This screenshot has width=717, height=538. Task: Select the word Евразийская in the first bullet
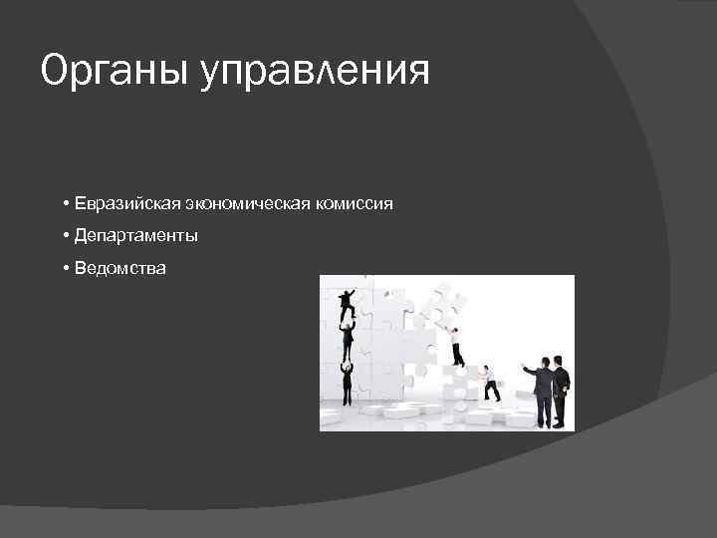124,203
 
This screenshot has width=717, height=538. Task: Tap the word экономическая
248,203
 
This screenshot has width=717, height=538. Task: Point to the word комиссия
354,203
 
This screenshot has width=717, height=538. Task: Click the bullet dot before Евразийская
64,203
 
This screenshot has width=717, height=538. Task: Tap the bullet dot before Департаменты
64,236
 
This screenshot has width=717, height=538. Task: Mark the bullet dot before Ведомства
64,268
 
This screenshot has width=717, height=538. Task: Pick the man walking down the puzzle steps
489,383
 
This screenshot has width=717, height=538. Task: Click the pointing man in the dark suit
543,391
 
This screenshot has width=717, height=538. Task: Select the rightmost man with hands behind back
561,391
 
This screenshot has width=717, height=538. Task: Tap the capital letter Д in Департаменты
79,236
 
